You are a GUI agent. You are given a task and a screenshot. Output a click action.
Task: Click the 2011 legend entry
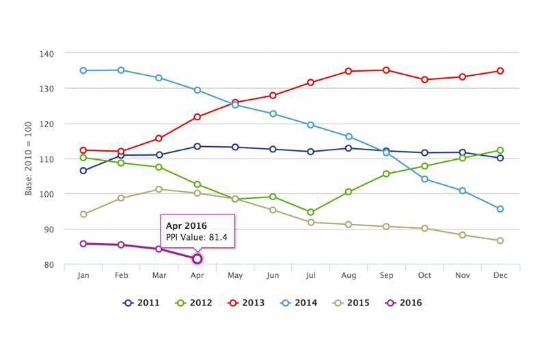click(x=141, y=303)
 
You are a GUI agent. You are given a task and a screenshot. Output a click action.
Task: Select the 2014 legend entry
click(x=298, y=303)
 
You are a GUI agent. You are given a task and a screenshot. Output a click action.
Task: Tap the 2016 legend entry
click(x=403, y=303)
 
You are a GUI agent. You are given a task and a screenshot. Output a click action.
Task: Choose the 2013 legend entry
click(x=246, y=303)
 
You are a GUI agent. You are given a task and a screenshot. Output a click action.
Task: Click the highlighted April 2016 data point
click(x=197, y=259)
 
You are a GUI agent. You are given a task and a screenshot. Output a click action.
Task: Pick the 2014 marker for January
click(x=83, y=70)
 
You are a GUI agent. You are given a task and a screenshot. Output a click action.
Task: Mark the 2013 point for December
click(x=500, y=71)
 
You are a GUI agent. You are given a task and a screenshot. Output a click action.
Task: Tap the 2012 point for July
click(x=310, y=212)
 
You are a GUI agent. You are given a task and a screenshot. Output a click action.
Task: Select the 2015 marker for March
click(x=159, y=189)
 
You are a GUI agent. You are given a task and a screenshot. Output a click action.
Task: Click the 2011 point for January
click(x=83, y=171)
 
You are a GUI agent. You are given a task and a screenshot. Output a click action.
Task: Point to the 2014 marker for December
click(x=500, y=209)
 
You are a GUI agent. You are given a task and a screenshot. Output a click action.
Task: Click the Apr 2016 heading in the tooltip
click(x=187, y=225)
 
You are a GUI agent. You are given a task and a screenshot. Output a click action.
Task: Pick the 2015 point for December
click(x=500, y=240)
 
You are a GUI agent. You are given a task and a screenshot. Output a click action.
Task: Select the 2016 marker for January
click(x=83, y=244)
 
